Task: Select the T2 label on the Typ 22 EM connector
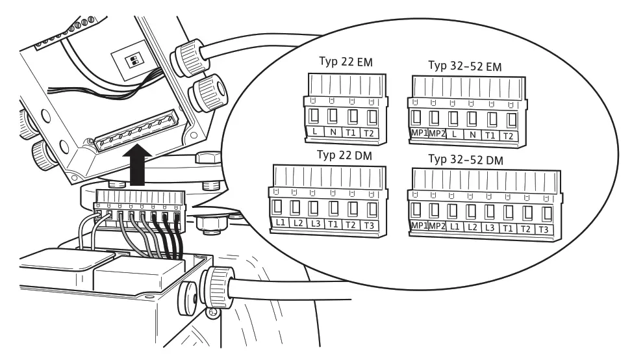[370, 133]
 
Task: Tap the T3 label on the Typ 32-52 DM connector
[546, 229]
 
